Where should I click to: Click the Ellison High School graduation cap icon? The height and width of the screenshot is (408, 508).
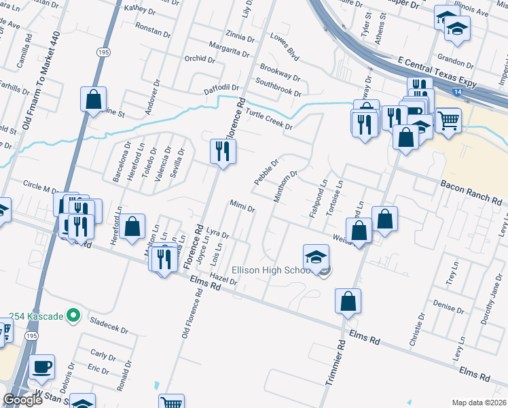pos(316,257)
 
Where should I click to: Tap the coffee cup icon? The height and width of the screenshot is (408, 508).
pos(42,367)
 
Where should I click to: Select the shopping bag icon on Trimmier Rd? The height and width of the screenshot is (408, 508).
pos(348,301)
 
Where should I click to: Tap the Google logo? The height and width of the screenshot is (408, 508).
pos(23,400)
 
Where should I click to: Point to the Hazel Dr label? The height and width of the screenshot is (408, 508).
pos(223,277)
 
